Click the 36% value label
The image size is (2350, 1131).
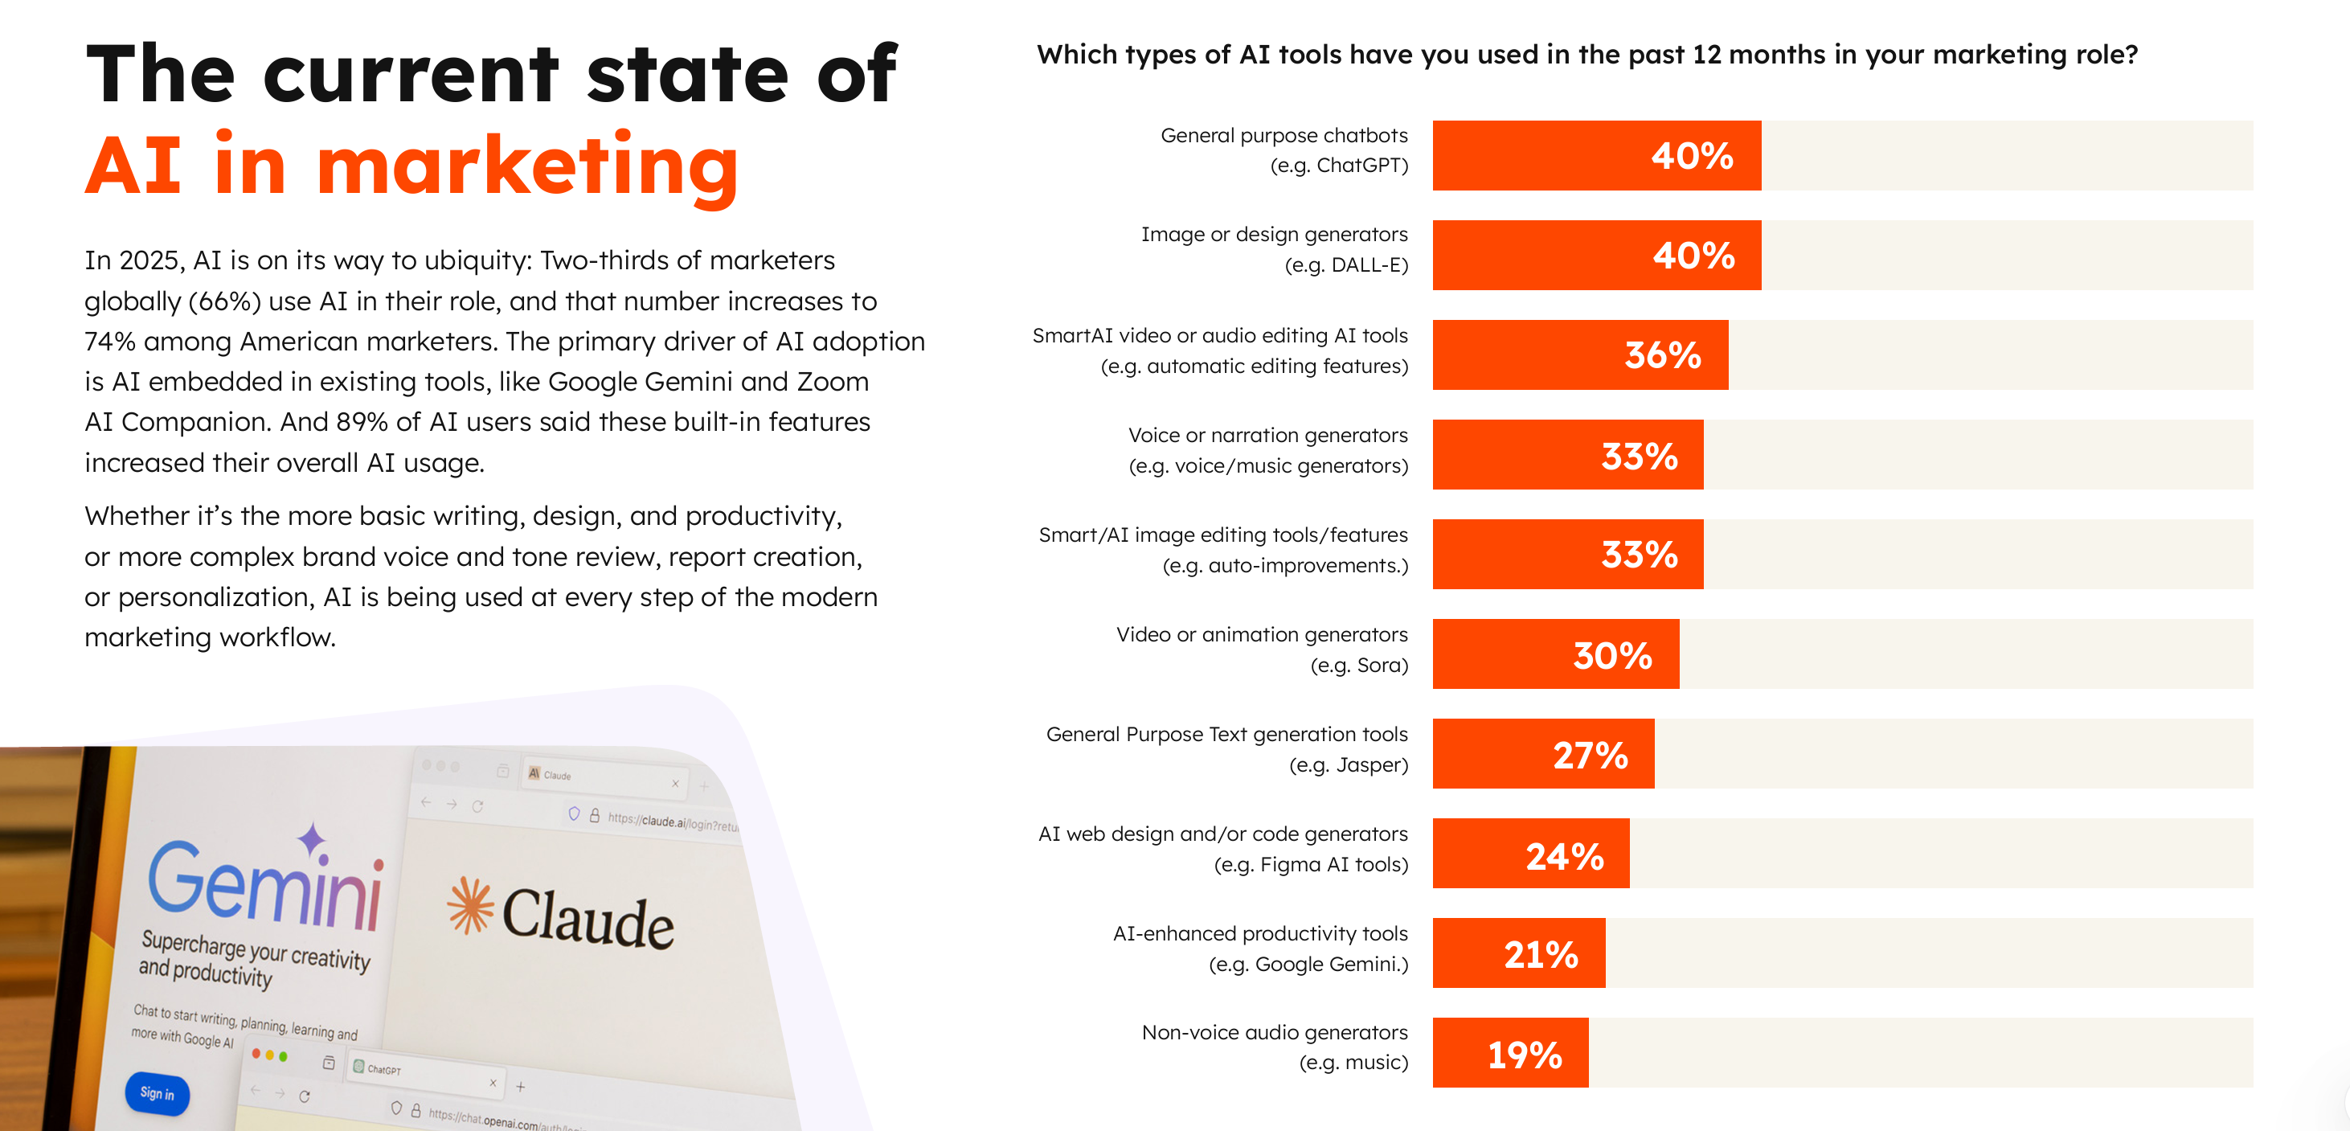tap(1662, 354)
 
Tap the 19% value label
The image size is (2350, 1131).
tap(1525, 1055)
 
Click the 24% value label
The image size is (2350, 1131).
tap(1565, 855)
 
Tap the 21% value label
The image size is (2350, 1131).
tap(1541, 954)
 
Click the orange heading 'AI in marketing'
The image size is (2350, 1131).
tap(411, 166)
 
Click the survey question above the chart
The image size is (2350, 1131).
tap(1586, 55)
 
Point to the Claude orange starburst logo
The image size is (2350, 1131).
tap(470, 905)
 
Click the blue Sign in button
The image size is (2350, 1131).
tap(157, 1093)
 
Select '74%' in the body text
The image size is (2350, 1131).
tap(109, 341)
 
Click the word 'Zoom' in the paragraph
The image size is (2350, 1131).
tap(832, 381)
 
